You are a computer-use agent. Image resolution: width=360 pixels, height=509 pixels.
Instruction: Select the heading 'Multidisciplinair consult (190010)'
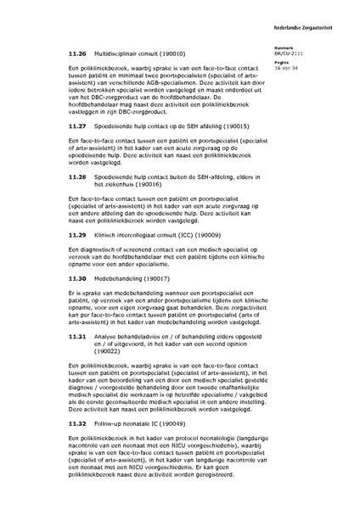(x=146, y=53)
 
